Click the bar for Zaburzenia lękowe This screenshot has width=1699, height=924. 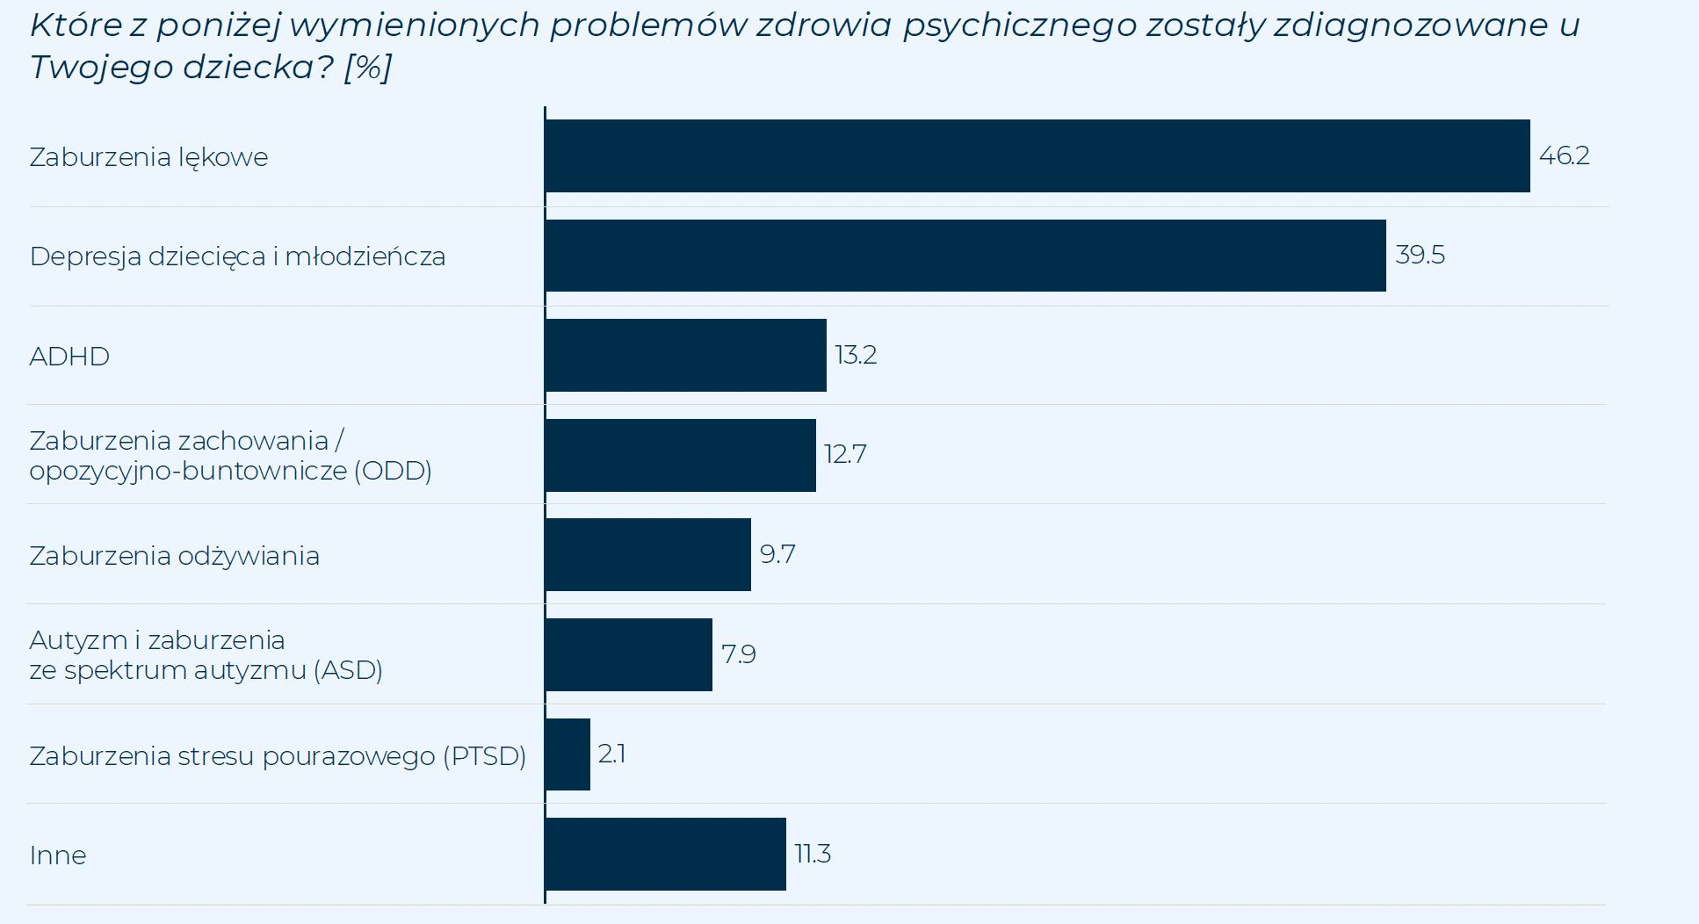1037,156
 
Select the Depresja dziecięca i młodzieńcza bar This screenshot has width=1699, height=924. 965,256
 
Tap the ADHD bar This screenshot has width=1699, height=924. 685,356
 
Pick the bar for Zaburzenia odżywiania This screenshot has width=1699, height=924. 647,555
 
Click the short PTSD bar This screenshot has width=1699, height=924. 568,754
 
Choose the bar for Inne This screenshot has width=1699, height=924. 665,855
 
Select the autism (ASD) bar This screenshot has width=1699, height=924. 628,655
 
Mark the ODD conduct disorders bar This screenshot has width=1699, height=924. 680,455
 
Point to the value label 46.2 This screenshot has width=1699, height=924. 1564,155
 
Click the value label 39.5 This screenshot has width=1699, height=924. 1420,255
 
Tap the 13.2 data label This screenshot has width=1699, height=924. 855,355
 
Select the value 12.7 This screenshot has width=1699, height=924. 844,454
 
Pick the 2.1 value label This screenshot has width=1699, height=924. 611,754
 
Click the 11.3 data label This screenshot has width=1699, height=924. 812,854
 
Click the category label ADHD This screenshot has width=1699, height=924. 69,357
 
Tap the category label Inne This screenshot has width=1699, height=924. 58,855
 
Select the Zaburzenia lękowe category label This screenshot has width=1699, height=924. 148,157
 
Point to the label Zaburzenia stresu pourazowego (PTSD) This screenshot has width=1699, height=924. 278,756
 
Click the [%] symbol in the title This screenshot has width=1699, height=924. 368,68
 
